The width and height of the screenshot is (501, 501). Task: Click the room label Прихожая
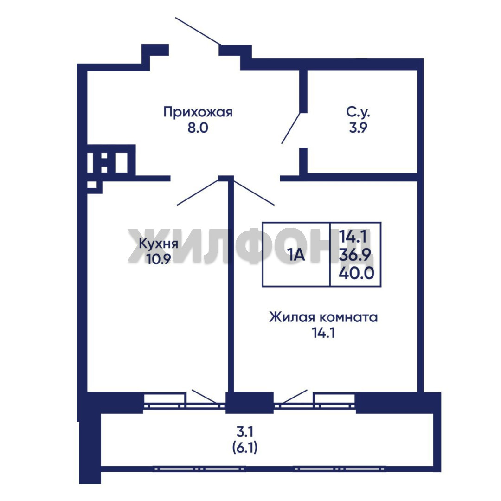(x=198, y=112)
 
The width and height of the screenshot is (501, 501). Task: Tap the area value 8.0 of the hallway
(x=198, y=128)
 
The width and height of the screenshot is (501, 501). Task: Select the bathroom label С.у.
(x=358, y=112)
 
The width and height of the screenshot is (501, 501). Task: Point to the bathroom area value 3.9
(x=358, y=128)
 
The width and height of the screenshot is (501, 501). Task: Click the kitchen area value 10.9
(x=159, y=259)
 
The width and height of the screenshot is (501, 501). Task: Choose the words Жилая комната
(x=323, y=317)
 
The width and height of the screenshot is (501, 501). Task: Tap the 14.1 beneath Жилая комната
(x=323, y=333)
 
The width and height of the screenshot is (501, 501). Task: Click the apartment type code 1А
(x=296, y=255)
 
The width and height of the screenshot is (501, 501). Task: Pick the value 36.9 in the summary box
(x=355, y=255)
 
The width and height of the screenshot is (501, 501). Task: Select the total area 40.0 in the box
(x=356, y=273)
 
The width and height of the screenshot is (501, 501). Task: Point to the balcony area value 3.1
(x=245, y=432)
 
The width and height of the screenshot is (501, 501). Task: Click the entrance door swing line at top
(x=198, y=31)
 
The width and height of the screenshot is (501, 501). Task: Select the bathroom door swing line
(x=291, y=128)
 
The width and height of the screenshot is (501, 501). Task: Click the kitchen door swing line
(x=198, y=192)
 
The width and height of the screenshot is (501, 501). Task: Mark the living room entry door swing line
(x=254, y=193)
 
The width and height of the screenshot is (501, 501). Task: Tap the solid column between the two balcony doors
(x=250, y=402)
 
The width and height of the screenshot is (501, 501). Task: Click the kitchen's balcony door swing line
(x=204, y=396)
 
